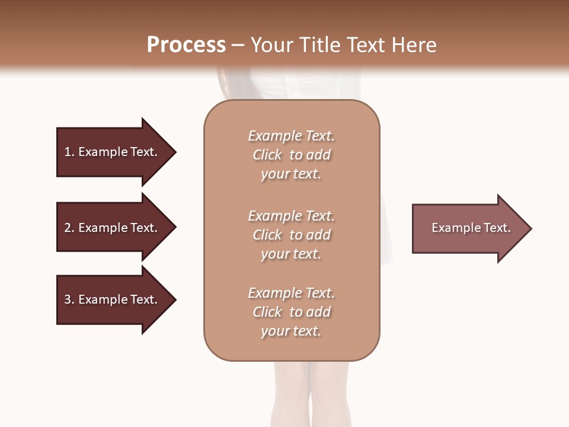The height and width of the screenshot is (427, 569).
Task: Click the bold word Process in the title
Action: pos(186,45)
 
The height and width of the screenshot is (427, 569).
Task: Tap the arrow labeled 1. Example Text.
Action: pos(113,152)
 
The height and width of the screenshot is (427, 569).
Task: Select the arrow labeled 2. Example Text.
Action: pos(113,228)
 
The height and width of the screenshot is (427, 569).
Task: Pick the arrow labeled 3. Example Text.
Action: pos(113,299)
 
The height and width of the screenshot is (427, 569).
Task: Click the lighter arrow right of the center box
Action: pos(468,228)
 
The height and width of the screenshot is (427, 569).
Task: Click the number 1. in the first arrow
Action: pos(69,152)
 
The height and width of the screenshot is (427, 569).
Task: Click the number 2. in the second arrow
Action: pos(69,228)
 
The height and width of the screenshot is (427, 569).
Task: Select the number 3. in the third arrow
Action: pos(69,299)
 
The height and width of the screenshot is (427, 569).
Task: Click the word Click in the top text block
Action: pos(267,155)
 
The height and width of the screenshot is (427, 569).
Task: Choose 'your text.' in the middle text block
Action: pos(291,254)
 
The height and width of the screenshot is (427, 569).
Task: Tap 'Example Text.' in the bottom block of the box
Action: pos(291,293)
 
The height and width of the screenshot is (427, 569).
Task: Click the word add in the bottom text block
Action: pos(319,312)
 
